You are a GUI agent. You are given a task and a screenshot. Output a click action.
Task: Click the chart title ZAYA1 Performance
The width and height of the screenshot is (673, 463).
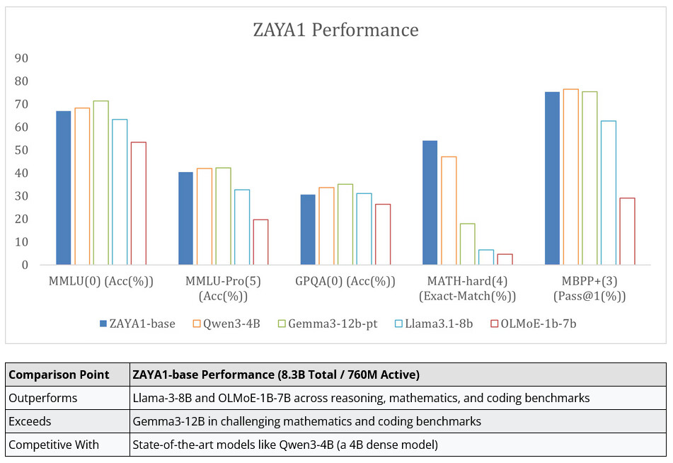(335, 30)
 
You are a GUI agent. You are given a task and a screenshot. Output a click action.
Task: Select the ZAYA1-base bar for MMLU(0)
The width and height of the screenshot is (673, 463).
(64, 188)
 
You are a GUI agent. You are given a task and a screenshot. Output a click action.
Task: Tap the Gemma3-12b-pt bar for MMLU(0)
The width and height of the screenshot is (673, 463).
(100, 183)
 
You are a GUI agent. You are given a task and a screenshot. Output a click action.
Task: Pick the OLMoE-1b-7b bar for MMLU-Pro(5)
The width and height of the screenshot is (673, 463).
(260, 242)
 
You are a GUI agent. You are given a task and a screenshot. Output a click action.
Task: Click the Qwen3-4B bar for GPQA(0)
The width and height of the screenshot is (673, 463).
(326, 226)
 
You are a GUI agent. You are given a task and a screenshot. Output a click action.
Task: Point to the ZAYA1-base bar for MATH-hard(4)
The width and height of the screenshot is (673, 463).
(430, 202)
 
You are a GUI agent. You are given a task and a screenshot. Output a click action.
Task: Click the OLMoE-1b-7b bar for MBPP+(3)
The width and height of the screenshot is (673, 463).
(627, 231)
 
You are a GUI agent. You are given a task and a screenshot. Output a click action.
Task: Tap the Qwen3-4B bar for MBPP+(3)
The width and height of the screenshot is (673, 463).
(570, 177)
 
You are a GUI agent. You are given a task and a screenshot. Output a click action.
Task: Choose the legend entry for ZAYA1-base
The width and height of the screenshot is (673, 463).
(137, 324)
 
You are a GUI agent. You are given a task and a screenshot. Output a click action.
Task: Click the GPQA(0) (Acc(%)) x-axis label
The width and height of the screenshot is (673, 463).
(345, 281)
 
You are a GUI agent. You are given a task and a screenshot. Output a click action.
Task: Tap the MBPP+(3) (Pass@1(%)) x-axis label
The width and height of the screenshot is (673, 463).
(589, 288)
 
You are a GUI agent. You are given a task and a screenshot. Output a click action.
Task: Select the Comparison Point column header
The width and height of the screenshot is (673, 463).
(59, 375)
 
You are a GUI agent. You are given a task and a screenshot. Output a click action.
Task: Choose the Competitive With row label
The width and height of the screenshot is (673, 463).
(54, 445)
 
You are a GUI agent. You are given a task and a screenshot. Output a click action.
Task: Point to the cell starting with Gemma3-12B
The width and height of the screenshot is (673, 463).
(306, 421)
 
